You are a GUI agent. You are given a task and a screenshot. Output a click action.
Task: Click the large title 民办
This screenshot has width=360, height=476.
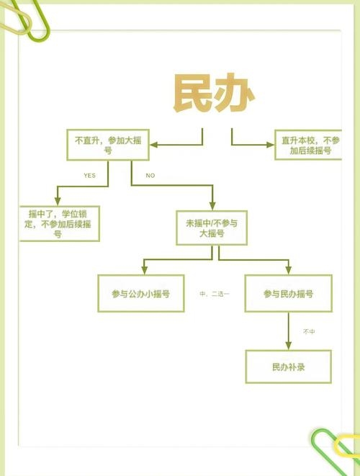tap(214, 94)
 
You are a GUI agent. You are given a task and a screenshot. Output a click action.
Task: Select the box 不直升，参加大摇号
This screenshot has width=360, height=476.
tap(108, 145)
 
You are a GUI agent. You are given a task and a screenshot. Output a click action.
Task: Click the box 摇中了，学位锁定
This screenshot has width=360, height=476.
tap(58, 224)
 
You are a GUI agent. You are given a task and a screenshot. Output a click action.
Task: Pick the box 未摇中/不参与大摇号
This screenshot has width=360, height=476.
tap(212, 228)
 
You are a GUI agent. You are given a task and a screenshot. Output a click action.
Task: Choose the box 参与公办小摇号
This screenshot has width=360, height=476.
tap(141, 294)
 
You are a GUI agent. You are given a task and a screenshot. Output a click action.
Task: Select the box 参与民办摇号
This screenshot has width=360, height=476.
tap(288, 294)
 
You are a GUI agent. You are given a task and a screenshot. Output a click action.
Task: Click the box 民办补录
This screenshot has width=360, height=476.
tap(289, 367)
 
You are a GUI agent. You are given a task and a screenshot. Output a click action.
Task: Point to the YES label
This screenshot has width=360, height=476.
tap(89, 176)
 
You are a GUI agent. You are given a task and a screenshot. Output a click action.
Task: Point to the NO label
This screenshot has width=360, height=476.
tap(150, 176)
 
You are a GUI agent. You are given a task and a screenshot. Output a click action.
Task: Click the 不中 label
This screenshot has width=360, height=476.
tap(309, 331)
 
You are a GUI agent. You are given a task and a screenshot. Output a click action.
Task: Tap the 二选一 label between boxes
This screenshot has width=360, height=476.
tap(215, 294)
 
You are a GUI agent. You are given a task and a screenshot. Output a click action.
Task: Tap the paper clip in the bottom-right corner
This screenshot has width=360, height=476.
tap(336, 450)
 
